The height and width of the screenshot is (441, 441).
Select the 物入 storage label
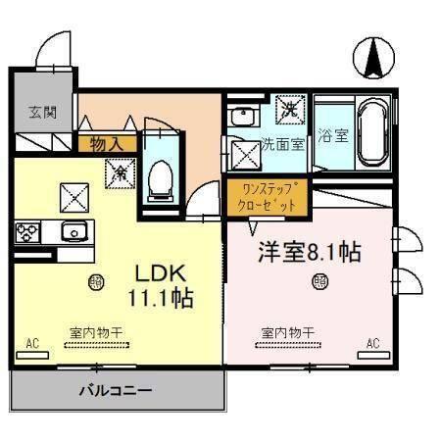(105, 143)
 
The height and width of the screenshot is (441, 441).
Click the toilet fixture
(158, 182)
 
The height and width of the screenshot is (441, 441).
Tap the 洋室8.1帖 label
(309, 251)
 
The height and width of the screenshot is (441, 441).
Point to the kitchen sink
(74, 232)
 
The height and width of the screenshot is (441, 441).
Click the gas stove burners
(26, 233)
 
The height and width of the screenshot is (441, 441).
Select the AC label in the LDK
(32, 343)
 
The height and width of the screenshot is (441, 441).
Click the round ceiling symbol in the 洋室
(319, 282)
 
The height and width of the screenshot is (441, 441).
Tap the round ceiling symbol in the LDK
(95, 282)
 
